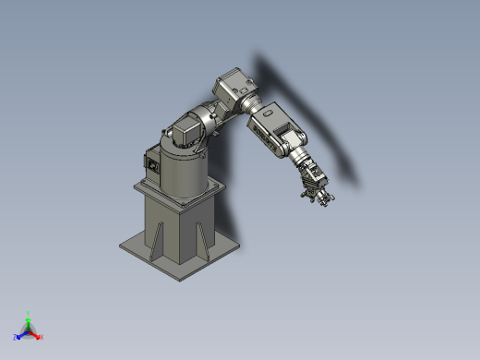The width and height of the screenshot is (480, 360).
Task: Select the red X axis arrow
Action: point(39,337)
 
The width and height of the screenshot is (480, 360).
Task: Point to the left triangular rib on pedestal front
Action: point(159,236)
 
